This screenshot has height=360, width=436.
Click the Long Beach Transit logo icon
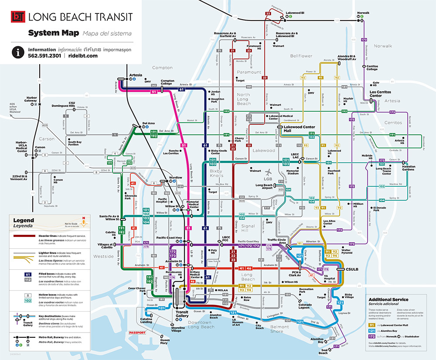point(17,17)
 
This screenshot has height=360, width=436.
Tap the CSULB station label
point(352,270)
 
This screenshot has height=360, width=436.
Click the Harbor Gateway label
point(31,99)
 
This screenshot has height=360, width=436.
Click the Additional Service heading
point(388,300)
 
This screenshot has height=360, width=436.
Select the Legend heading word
point(24,221)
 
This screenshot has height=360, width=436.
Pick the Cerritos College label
point(372,68)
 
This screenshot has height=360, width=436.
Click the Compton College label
point(167,82)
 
